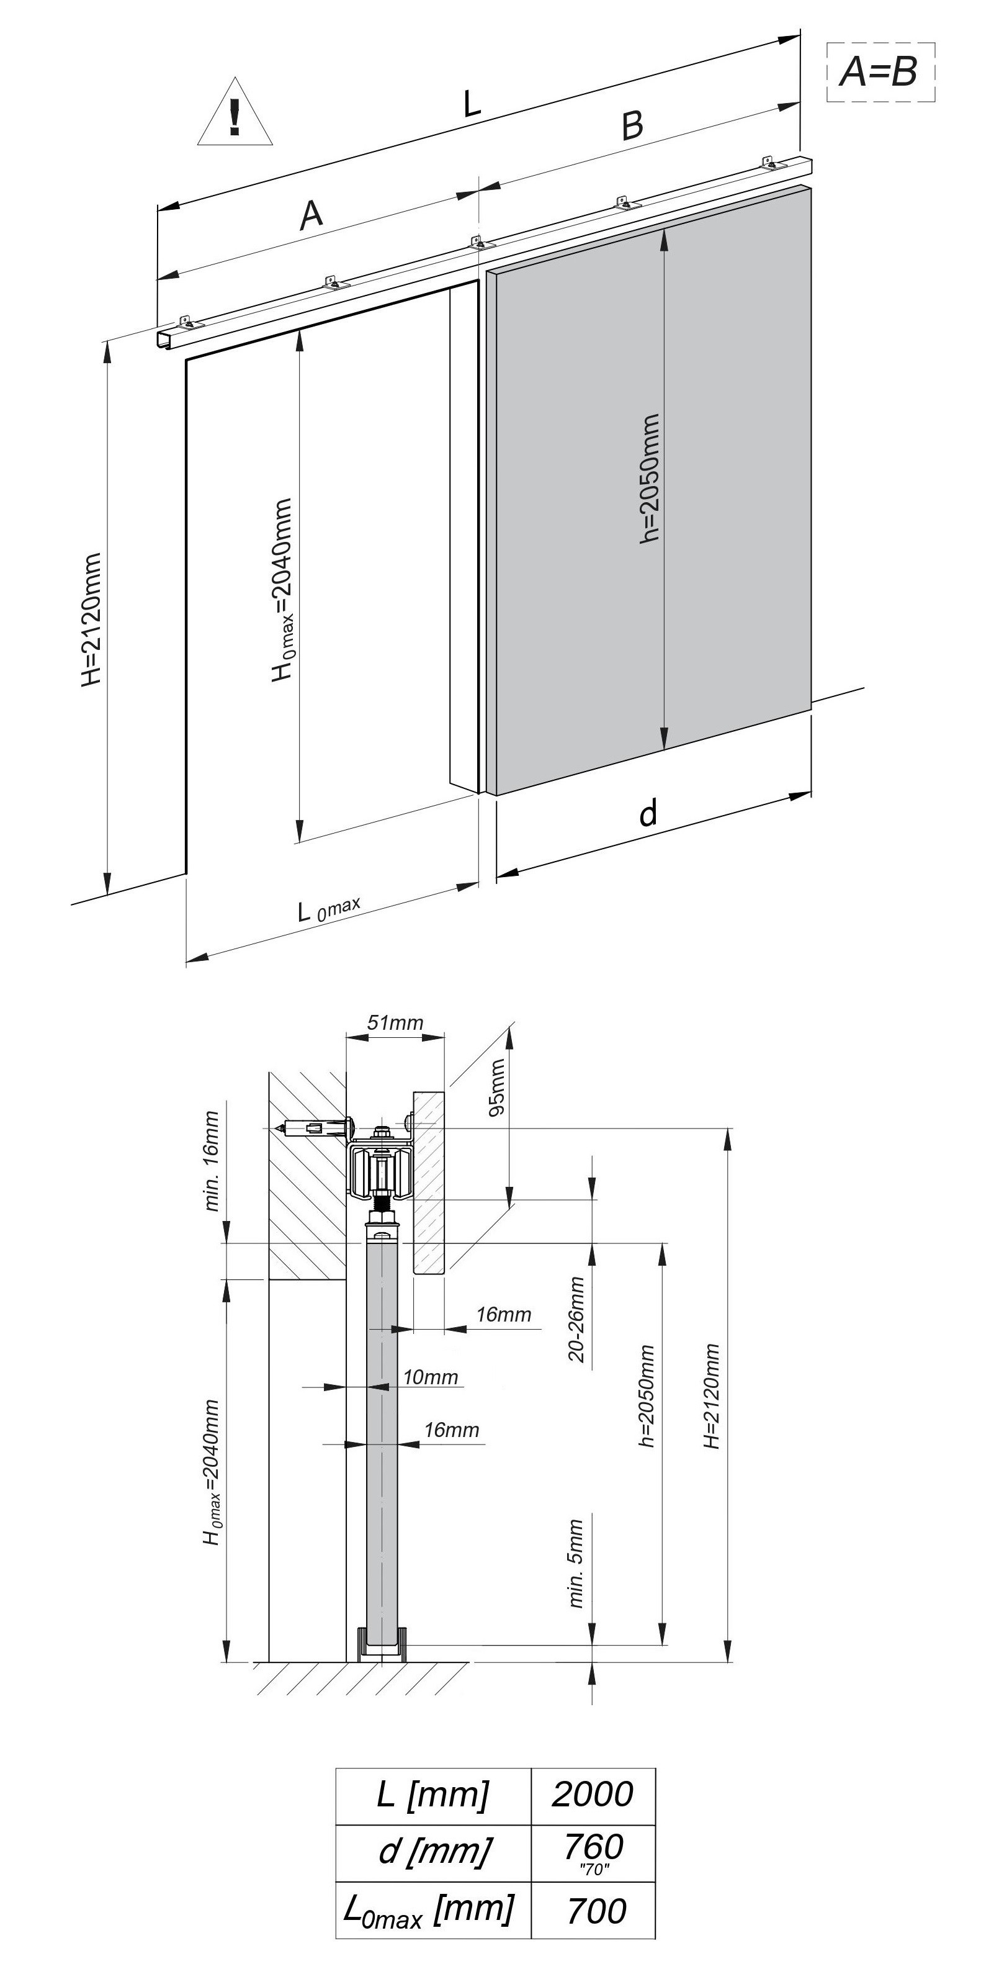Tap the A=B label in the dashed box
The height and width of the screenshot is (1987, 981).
point(879,73)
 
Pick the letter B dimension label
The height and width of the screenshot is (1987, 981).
point(632,125)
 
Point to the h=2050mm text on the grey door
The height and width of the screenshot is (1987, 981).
point(650,478)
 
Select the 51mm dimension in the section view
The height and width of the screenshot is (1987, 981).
point(395,1023)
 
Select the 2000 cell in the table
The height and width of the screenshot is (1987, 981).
point(593,1795)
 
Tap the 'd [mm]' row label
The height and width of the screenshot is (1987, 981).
point(434,1850)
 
